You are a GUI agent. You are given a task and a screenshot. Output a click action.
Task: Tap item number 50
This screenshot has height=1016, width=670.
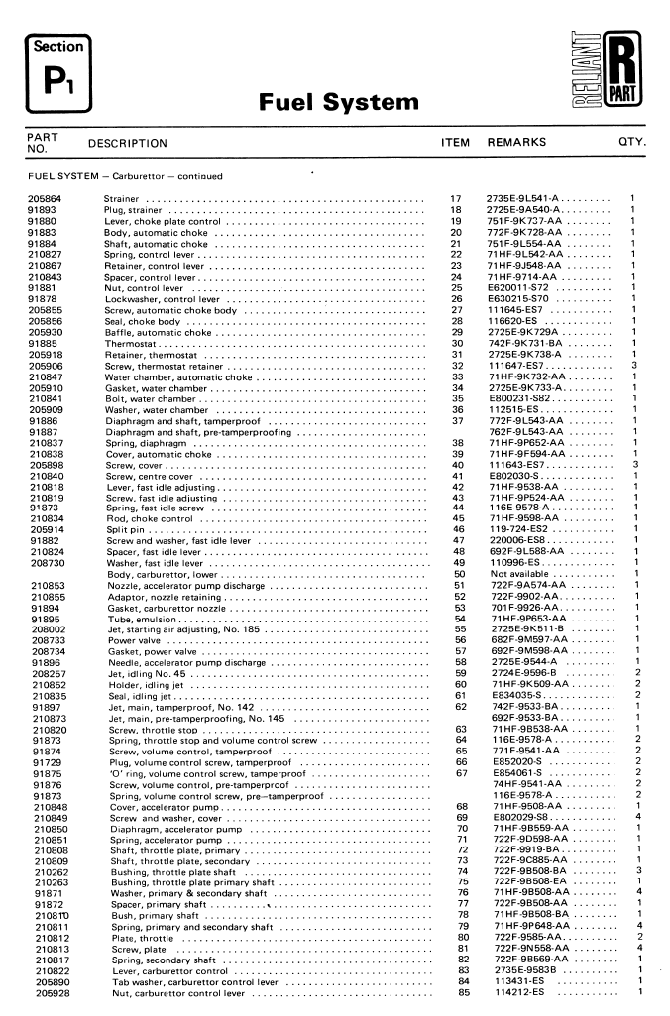458,575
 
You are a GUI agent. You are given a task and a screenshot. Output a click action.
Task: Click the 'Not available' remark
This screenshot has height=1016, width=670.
523,575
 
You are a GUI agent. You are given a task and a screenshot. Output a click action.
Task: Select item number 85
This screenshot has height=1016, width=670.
458,993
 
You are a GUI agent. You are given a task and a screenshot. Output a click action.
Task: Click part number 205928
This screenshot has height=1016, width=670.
48,993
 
